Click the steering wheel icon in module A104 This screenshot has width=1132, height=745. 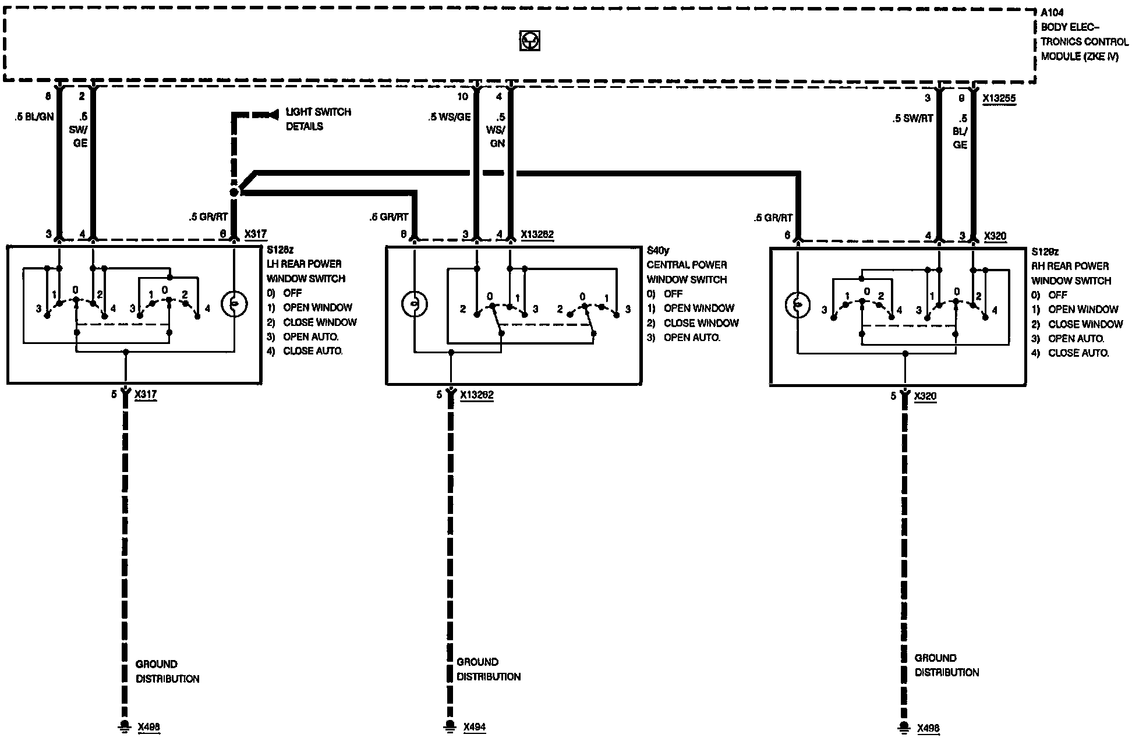(x=529, y=41)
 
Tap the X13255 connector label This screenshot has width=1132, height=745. (x=999, y=99)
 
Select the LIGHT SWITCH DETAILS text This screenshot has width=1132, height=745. (x=318, y=119)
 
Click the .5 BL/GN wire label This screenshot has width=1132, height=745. (x=34, y=116)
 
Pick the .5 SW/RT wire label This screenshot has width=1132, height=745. (x=912, y=118)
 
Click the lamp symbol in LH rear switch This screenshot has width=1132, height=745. (x=234, y=304)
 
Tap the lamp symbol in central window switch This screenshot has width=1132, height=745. (x=415, y=304)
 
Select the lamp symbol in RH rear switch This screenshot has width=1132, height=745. (x=798, y=305)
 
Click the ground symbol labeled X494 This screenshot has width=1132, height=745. (x=450, y=726)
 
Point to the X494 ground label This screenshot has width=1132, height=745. (x=475, y=727)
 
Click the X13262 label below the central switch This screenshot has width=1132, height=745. (x=476, y=395)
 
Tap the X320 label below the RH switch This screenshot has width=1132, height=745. (x=925, y=396)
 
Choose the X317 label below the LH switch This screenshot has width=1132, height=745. (x=146, y=395)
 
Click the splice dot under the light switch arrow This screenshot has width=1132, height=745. (x=234, y=192)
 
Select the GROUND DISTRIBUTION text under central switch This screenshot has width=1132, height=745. (x=488, y=669)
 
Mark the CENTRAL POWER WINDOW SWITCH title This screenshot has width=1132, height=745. (x=687, y=272)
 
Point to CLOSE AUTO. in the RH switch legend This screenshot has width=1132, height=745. (x=1078, y=353)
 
